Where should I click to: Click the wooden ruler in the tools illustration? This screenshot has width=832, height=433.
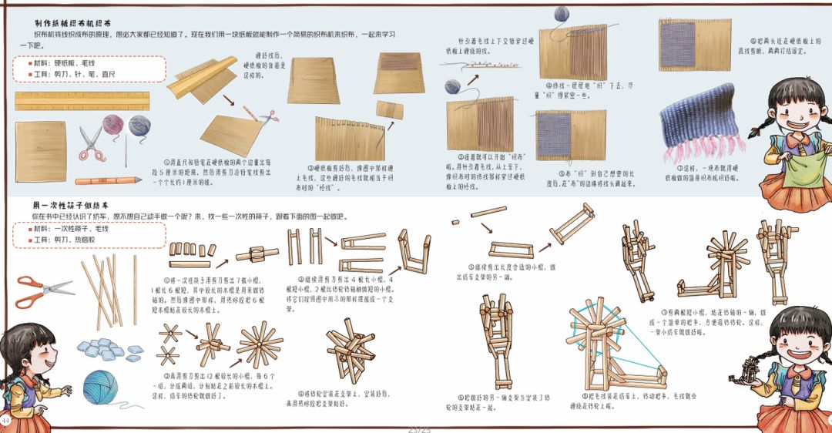tap(82, 102)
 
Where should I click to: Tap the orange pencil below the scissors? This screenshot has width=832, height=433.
tap(109, 180)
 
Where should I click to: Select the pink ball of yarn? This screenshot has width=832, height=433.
tap(113, 124)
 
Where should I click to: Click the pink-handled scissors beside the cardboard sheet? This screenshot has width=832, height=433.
tap(92, 143)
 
